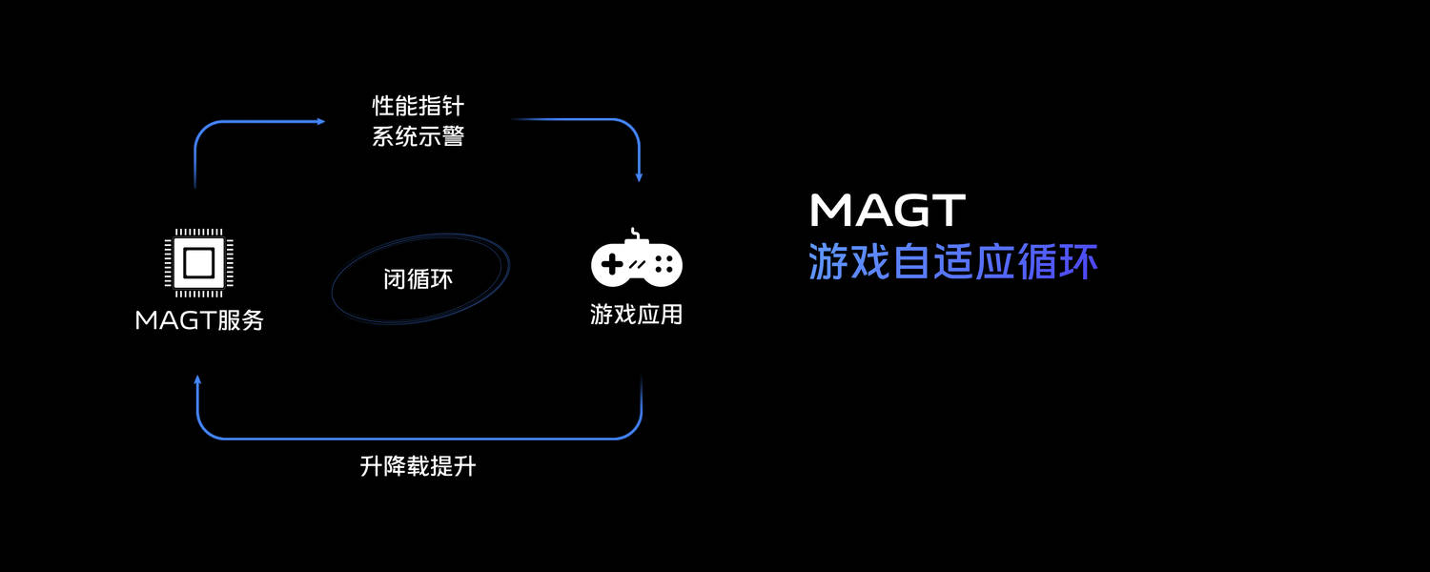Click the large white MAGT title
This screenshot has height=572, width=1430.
pos(888,210)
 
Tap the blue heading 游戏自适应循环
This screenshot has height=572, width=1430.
pos(953,261)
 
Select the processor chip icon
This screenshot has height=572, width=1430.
pos(198,262)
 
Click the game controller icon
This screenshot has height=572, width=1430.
pos(637,258)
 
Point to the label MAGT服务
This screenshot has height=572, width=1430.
pos(199,320)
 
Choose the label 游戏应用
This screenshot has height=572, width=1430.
pos(637,314)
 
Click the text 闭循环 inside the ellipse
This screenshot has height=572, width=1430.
pos(419,279)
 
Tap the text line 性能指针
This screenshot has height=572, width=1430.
pos(419,106)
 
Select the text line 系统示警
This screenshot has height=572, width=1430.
pos(419,136)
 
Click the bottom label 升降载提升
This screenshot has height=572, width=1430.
pos(419,466)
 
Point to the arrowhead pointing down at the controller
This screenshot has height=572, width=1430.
pos(639,176)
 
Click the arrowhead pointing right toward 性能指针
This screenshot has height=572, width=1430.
pos(320,121)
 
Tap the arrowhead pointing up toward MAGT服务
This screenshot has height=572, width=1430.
pos(197,379)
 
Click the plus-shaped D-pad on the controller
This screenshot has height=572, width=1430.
pos(612,264)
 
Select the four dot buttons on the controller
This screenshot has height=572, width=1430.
pos(664,264)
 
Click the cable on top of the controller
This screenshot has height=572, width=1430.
pos(634,234)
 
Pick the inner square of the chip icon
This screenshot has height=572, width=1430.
pos(198,262)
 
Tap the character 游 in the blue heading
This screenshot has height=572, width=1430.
pos(828,261)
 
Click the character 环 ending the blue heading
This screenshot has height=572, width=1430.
pos(1078,261)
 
